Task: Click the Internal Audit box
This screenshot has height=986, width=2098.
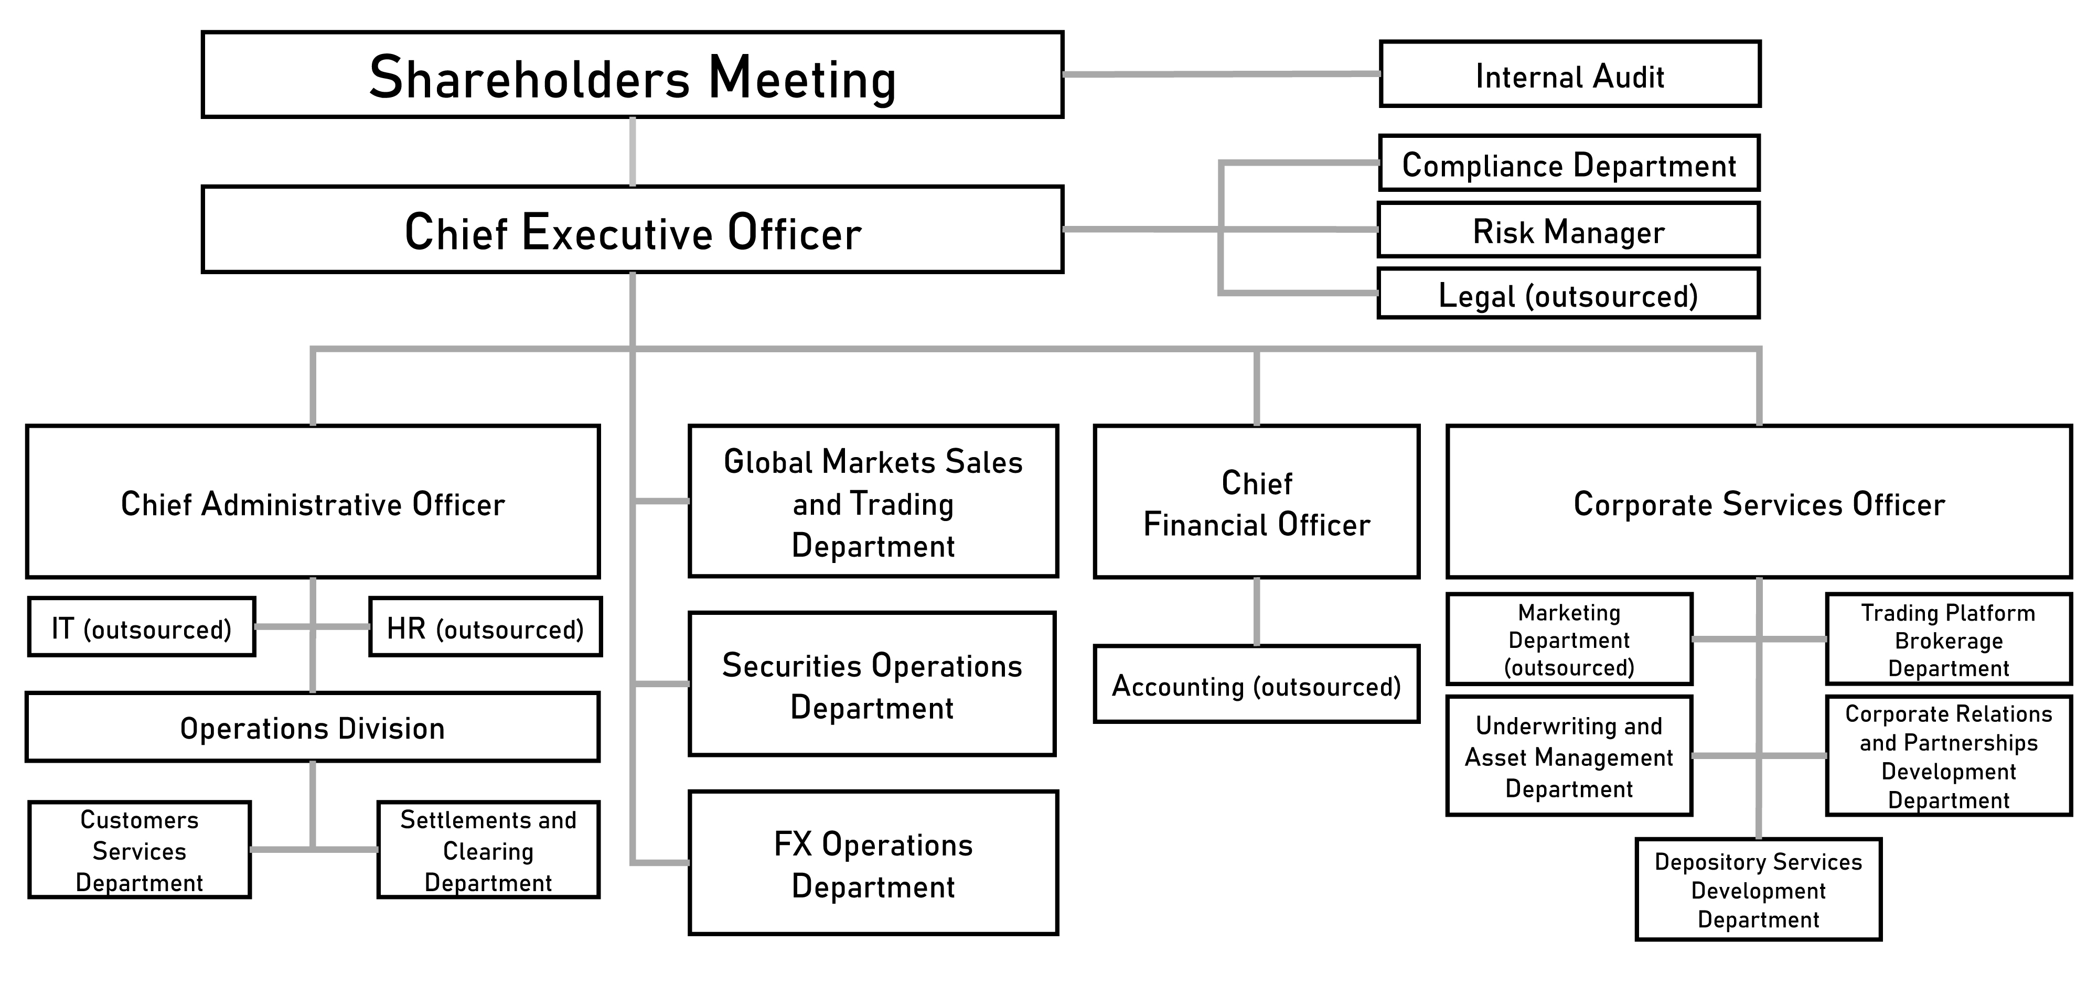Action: (1569, 74)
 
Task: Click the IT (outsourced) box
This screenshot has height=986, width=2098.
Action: (142, 627)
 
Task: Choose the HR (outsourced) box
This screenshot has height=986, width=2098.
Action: (485, 627)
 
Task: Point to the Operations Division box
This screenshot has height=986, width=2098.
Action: (313, 727)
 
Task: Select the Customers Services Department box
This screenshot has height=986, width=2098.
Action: (140, 850)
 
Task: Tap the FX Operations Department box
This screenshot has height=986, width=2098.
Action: (873, 863)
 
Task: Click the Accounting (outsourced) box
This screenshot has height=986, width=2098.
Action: (1257, 685)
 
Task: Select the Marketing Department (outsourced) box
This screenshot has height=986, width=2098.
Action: (1569, 639)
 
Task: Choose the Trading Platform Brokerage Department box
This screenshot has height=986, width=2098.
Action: (1948, 639)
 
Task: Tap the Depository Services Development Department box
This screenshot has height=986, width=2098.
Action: (1758, 890)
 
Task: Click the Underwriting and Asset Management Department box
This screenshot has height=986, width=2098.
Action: (1569, 756)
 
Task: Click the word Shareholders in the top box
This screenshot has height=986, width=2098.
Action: (529, 78)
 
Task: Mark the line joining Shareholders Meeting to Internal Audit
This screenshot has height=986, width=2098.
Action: (1222, 74)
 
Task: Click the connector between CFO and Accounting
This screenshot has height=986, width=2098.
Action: (1257, 611)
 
